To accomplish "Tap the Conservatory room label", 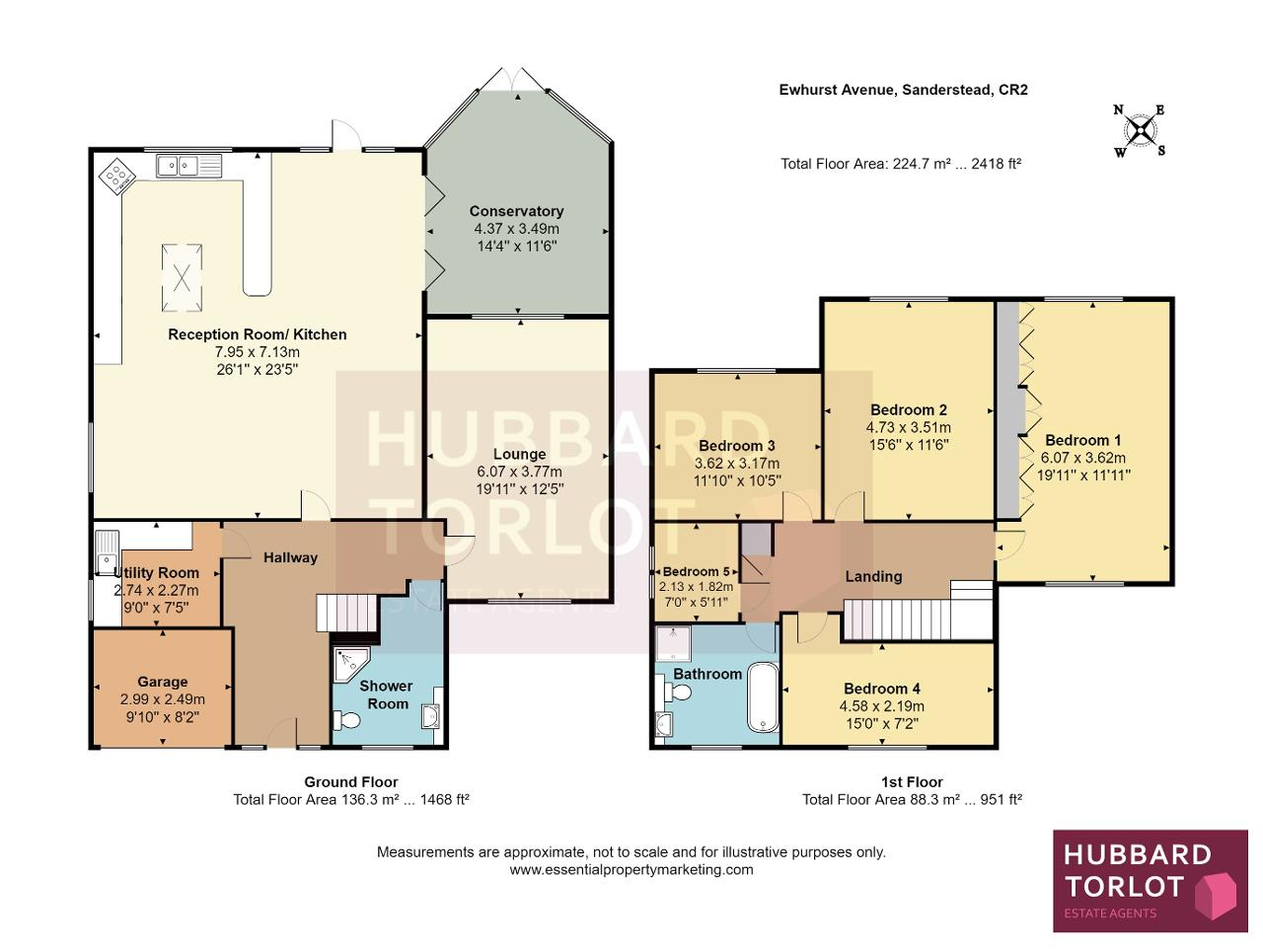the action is (x=516, y=211).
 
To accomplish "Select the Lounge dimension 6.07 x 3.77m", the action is (x=519, y=472).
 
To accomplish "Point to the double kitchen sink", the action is (x=188, y=166).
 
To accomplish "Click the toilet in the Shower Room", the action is (x=347, y=719).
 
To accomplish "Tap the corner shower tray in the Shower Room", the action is (x=351, y=664).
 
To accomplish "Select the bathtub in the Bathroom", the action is (x=763, y=697).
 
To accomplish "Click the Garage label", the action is (x=162, y=682).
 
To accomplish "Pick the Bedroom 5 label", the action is (x=697, y=572).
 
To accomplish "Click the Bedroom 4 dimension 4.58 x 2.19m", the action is (x=881, y=706).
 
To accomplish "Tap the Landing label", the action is (x=873, y=576).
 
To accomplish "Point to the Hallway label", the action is (x=290, y=557).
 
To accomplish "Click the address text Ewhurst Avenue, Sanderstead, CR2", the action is (x=903, y=90).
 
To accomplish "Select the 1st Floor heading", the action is (x=912, y=782).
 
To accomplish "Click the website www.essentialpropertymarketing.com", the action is (x=631, y=870).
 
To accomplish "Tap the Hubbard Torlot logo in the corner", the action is (x=1151, y=889).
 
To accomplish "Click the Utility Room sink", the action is (x=107, y=553).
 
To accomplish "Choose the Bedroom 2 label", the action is (x=908, y=410).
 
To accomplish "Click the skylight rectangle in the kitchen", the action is (x=182, y=278).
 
